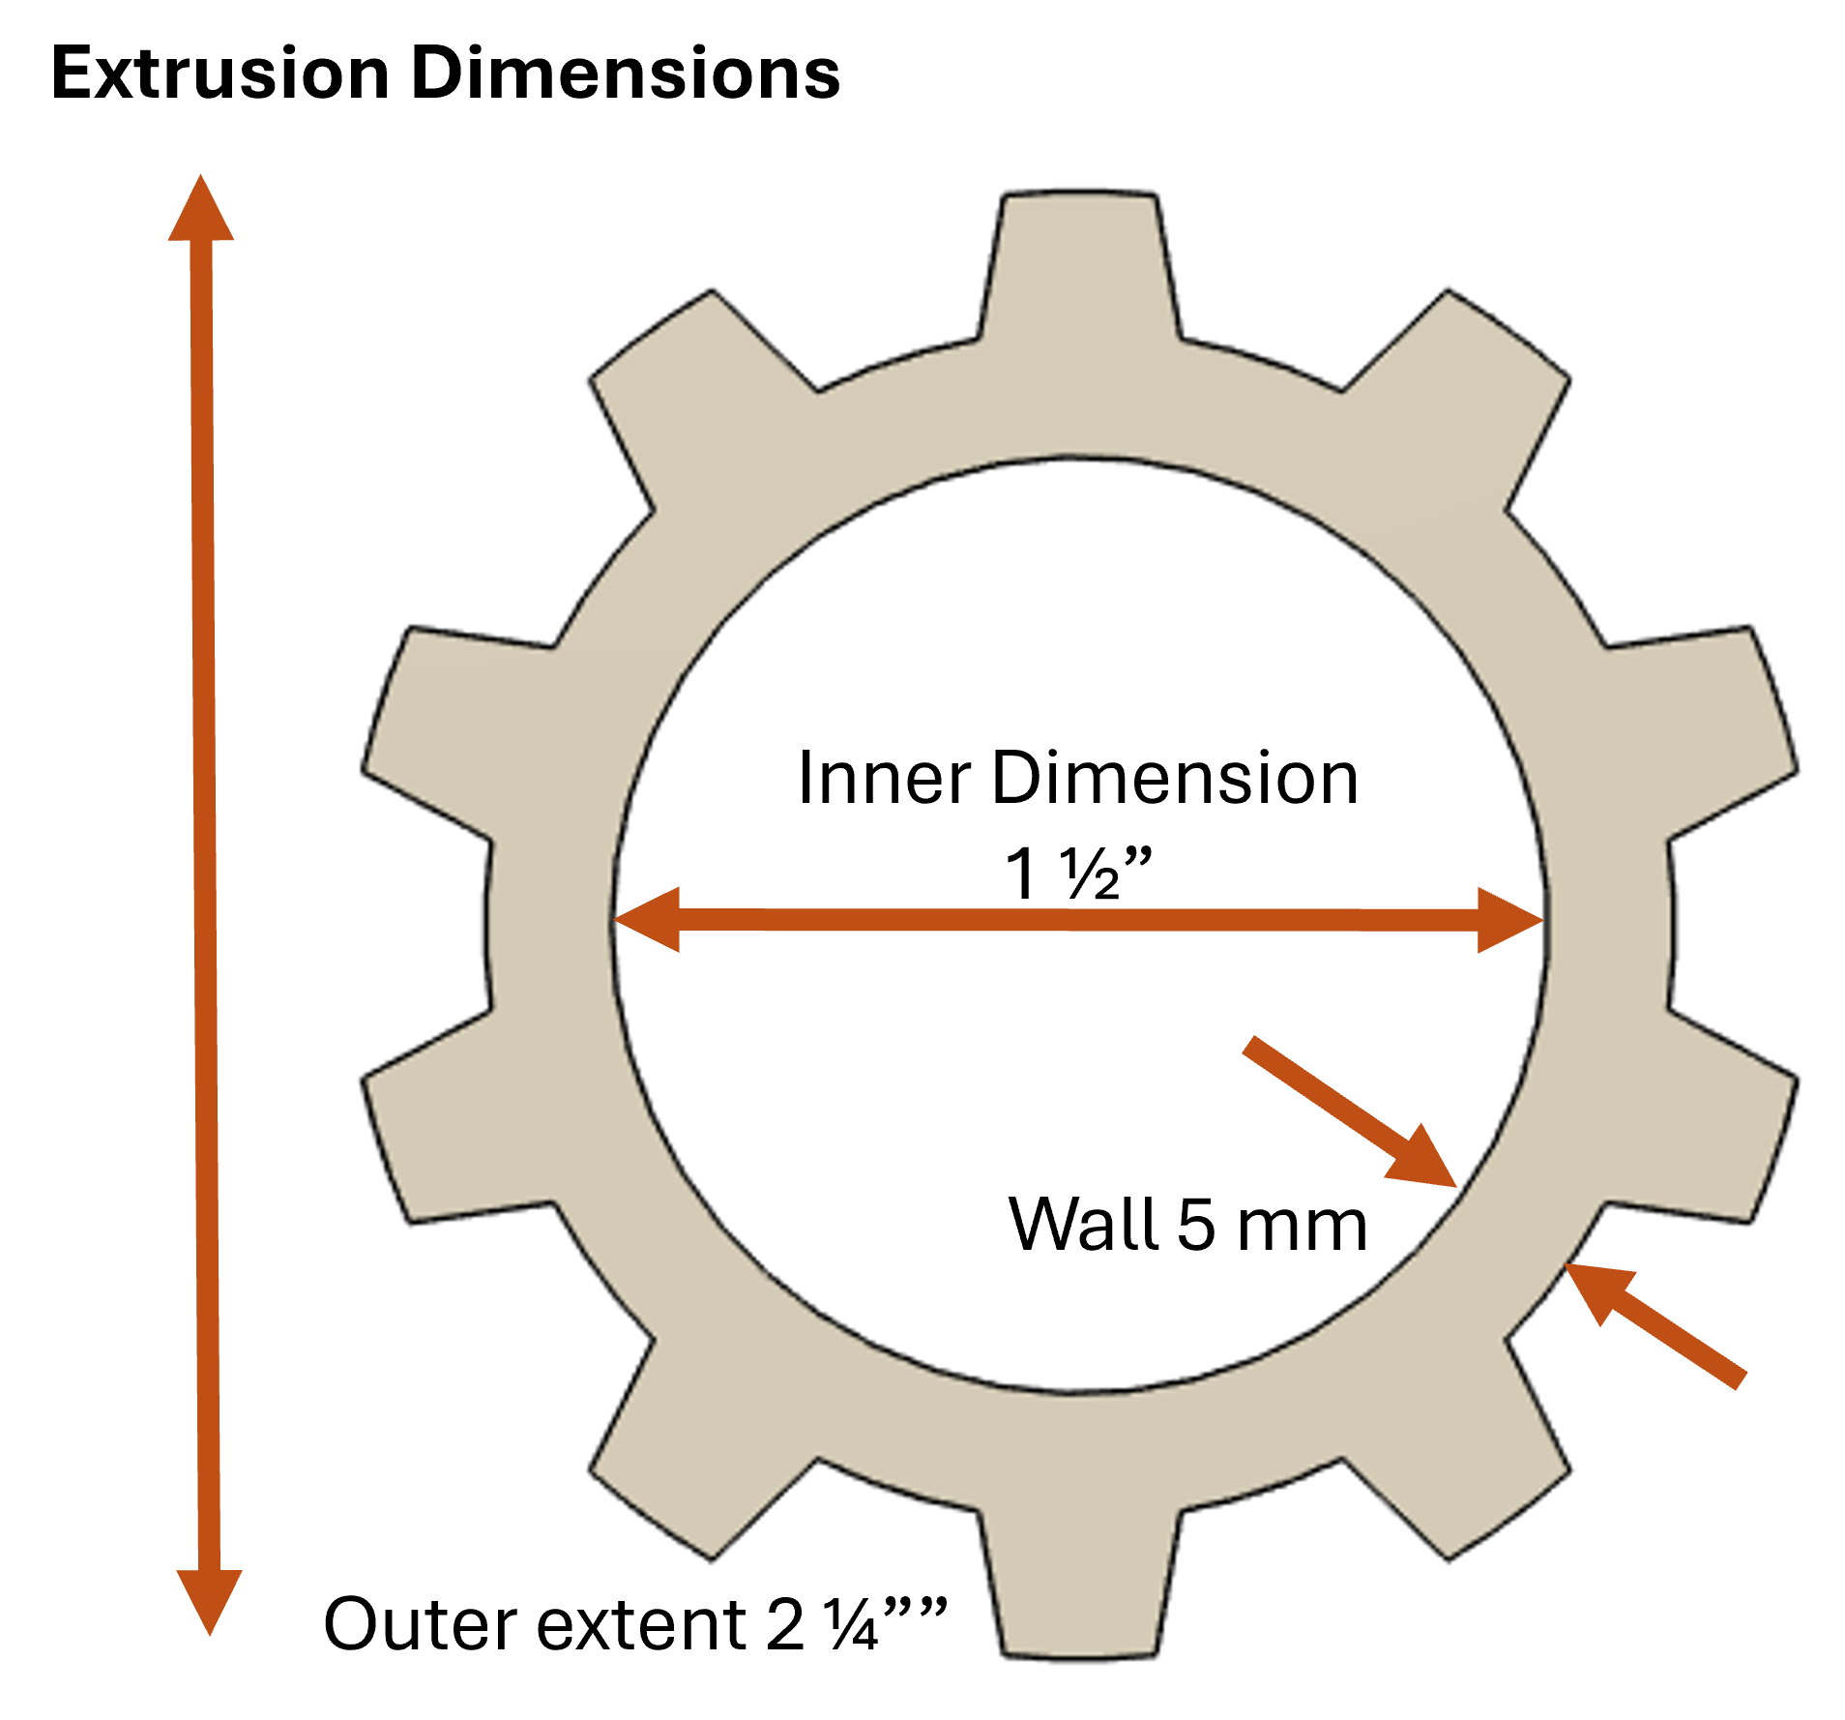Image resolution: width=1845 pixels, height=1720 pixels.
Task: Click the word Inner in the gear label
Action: pos(884,779)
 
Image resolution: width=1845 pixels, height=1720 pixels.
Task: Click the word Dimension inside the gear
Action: pos(1175,779)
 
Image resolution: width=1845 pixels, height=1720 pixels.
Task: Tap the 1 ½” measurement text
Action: pos(1078,874)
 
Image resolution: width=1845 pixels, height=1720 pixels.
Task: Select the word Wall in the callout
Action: pos(1084,1226)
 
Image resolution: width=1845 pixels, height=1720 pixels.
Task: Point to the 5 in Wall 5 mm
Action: pos(1196,1226)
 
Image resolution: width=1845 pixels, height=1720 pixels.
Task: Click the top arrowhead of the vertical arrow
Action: pos(201,211)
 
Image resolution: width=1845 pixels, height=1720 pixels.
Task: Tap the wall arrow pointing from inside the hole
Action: pos(1354,1113)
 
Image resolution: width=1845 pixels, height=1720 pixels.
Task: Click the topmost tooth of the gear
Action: pos(1079,261)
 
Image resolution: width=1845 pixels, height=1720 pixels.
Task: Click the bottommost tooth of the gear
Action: pos(1079,1587)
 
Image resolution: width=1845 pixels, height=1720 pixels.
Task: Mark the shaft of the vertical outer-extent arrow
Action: pos(204,871)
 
